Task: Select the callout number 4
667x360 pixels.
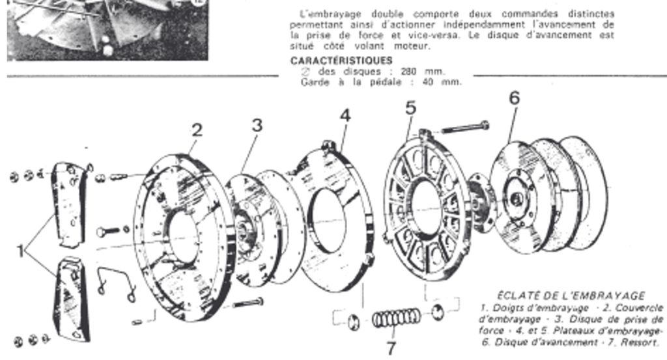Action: point(345,115)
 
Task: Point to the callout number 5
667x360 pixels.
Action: point(410,107)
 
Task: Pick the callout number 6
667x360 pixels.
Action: point(515,98)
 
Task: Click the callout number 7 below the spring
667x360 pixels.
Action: point(391,348)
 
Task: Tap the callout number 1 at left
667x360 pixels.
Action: point(21,250)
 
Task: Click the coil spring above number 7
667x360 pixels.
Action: point(396,318)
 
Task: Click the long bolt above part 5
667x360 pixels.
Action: point(465,128)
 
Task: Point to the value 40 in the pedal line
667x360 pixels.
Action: point(403,81)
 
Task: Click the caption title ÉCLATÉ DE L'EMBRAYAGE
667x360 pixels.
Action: point(571,295)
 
